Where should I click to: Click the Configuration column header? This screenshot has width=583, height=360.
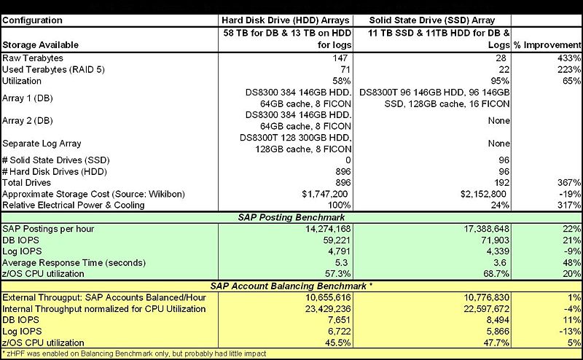pyautogui.click(x=33, y=21)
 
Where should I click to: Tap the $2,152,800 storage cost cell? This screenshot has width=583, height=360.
pyautogui.click(x=484, y=193)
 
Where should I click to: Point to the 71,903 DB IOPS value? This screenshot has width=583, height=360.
pyautogui.click(x=492, y=239)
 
